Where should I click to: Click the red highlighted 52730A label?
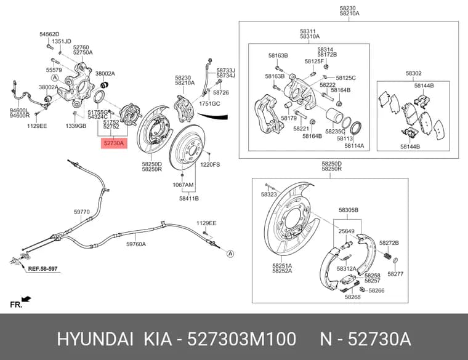click(x=114, y=143)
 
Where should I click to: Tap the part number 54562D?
click(x=49, y=34)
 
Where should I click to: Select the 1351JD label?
click(x=62, y=41)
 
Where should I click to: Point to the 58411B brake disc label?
click(x=189, y=198)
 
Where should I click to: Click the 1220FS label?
click(x=210, y=165)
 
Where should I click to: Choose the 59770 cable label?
click(x=82, y=212)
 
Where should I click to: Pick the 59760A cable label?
click(x=136, y=244)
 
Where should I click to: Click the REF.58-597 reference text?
click(x=42, y=269)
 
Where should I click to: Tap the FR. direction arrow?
click(x=26, y=299)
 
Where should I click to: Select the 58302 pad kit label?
click(x=413, y=73)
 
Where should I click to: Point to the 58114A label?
click(x=354, y=146)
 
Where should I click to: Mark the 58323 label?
click(x=268, y=194)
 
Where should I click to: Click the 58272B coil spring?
click(x=387, y=255)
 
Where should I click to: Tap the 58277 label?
click(x=395, y=274)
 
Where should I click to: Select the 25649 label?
click(x=346, y=231)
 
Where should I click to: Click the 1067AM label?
click(x=183, y=185)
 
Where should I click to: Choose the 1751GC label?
click(x=209, y=104)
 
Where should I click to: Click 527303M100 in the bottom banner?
click(x=242, y=339)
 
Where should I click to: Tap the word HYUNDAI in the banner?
click(x=95, y=339)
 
